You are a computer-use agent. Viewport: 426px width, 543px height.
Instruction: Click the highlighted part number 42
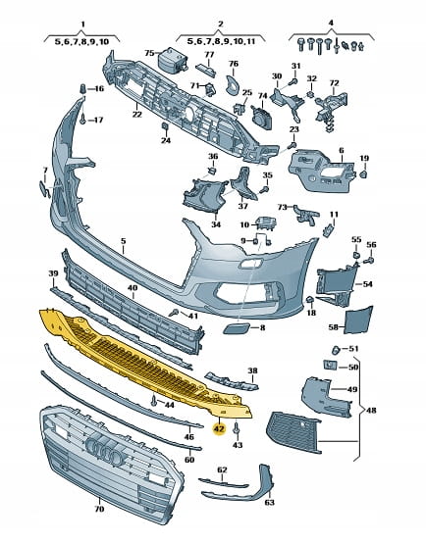pyautogui.click(x=220, y=429)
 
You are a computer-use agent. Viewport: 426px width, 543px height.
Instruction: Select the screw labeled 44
pyautogui.click(x=153, y=401)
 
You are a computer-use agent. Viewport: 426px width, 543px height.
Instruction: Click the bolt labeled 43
pyautogui.click(x=237, y=428)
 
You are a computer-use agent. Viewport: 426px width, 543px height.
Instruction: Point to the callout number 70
pyautogui.click(x=99, y=509)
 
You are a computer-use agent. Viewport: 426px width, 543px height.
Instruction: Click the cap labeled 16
pyautogui.click(x=82, y=88)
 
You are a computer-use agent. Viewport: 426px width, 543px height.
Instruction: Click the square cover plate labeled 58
pyautogui.click(x=358, y=320)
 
